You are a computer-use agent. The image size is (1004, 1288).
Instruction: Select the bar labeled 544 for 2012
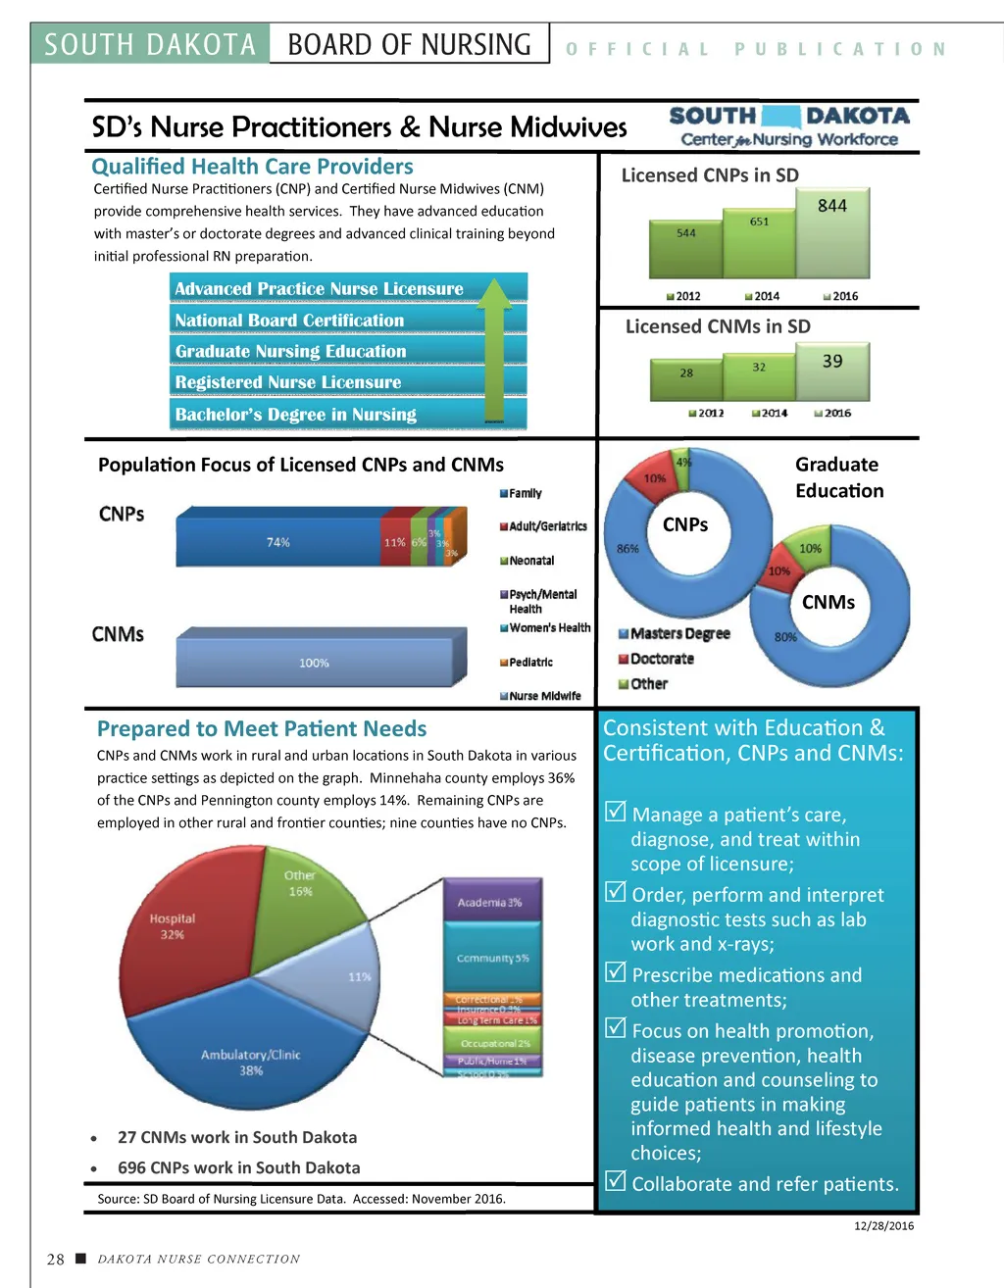[x=686, y=250]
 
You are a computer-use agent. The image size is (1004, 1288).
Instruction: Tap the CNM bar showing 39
[x=832, y=371]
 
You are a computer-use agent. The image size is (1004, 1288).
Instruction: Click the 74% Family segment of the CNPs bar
[x=278, y=542]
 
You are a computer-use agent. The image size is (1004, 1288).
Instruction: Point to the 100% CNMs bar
[x=314, y=663]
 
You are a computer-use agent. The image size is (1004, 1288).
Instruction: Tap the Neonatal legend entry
[x=530, y=561]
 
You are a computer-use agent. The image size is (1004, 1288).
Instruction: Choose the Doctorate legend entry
[x=661, y=659]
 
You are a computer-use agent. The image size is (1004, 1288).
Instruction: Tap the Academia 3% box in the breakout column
[x=490, y=902]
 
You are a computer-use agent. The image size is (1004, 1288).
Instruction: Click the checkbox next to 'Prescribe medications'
[x=616, y=972]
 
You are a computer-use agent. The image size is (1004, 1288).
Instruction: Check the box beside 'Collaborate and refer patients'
[x=616, y=1181]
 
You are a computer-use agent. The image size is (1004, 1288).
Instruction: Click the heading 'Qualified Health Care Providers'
[x=252, y=167]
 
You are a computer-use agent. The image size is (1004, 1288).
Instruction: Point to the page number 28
[x=56, y=1260]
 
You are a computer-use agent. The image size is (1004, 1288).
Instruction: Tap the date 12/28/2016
[x=883, y=1226]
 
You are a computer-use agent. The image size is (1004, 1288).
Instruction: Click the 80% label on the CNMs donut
[x=785, y=637]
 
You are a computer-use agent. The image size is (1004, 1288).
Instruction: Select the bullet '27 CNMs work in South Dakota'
[x=237, y=1137]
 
